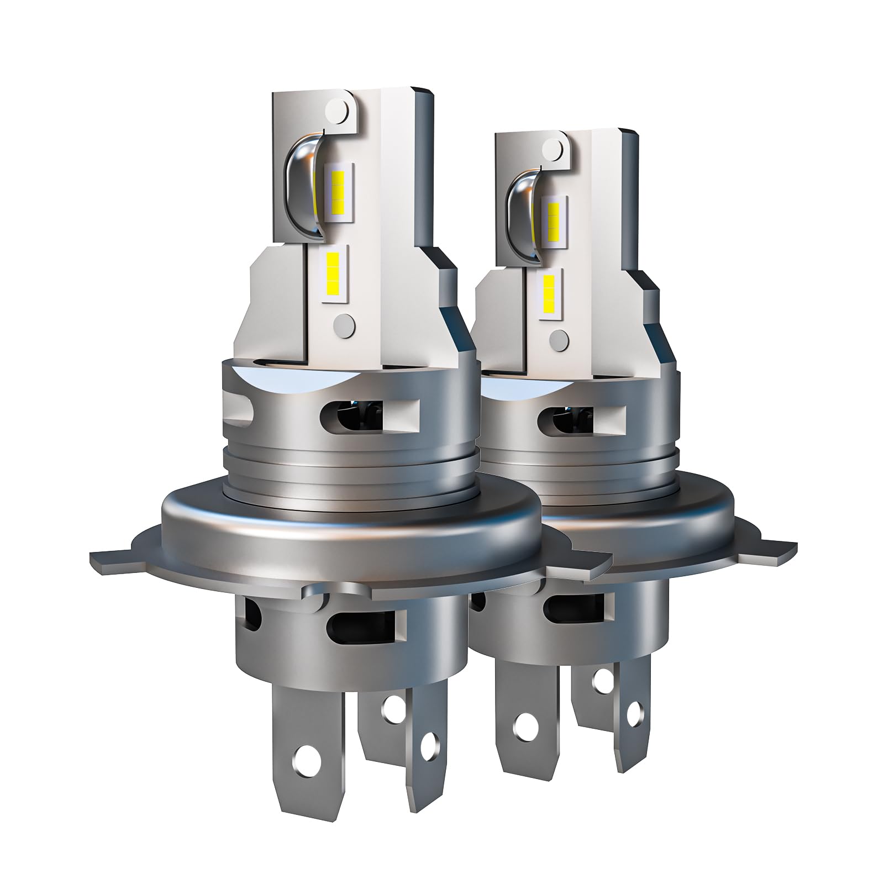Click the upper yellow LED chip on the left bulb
tap(336, 187)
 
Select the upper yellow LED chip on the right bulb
tap(553, 216)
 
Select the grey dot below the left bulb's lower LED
tap(344, 323)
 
